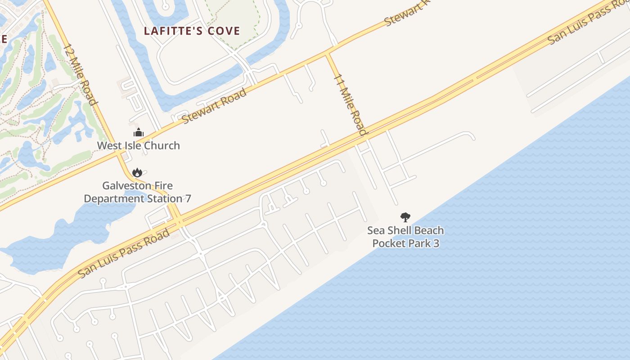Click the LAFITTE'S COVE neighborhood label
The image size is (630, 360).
192,31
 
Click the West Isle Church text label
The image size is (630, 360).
139,145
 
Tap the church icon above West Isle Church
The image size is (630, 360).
139,133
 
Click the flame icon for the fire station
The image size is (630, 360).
137,172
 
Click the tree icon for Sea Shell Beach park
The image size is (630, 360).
405,217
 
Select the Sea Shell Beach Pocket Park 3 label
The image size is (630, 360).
405,237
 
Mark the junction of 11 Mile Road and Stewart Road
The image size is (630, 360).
328,53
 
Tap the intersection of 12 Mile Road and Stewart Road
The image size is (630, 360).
118,153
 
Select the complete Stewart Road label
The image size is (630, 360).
214,106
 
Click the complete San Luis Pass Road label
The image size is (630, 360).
124,253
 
